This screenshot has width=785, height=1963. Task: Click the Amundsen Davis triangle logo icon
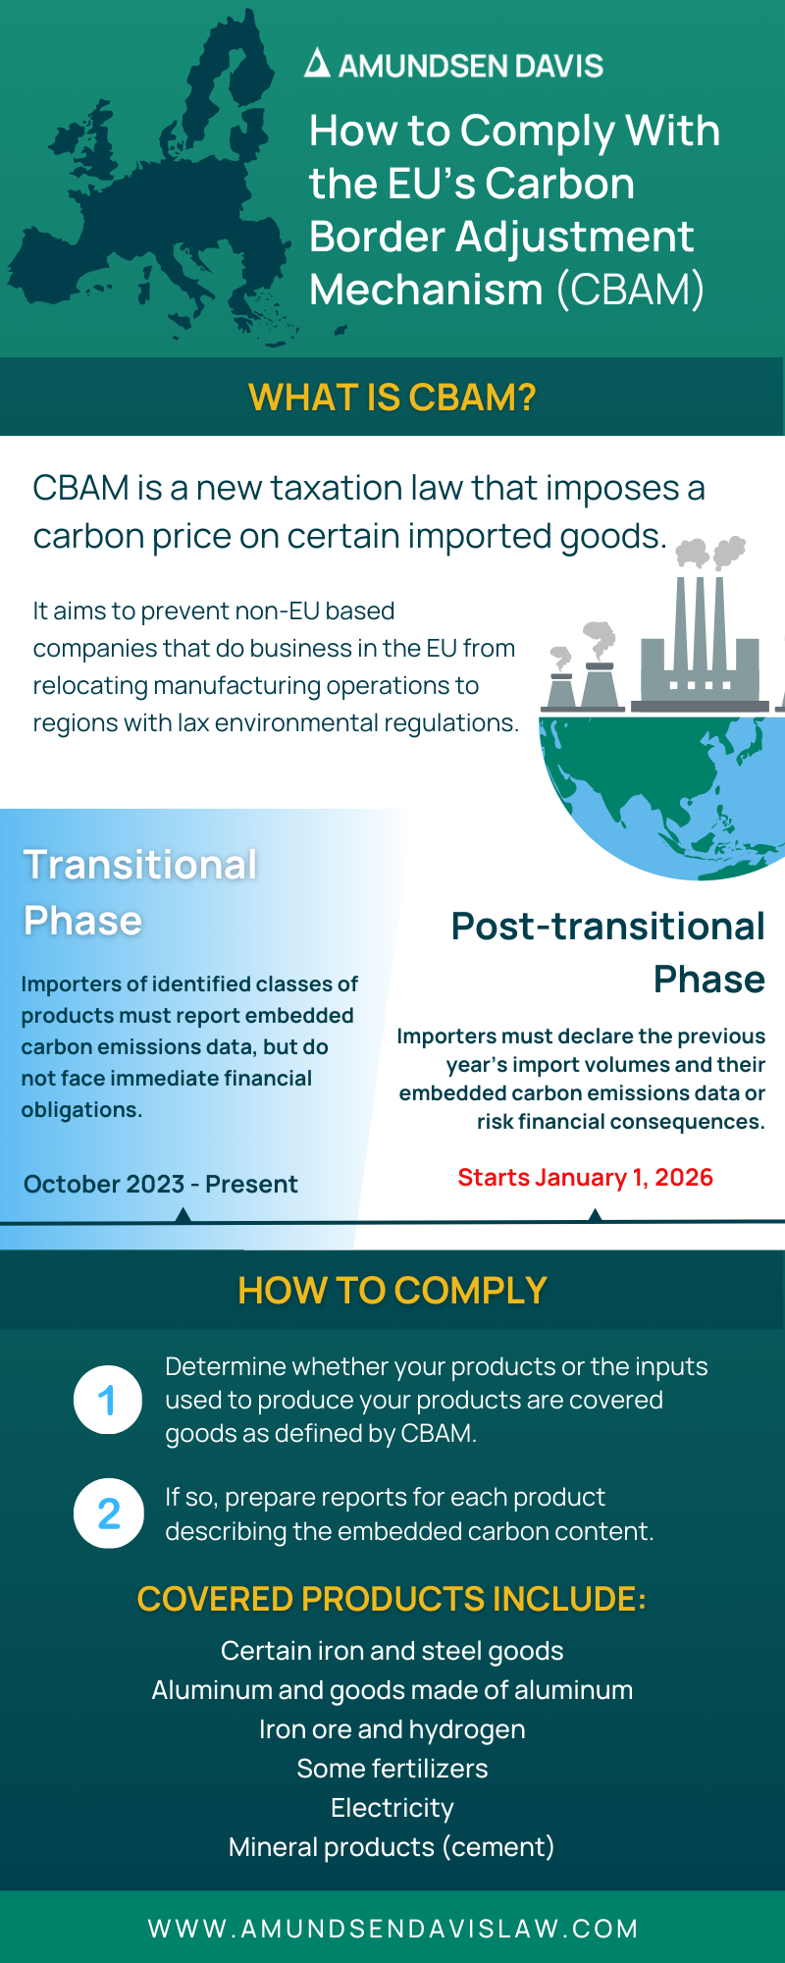point(317,64)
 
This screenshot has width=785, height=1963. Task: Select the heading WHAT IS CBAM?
point(392,398)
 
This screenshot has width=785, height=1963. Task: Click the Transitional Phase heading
point(140,893)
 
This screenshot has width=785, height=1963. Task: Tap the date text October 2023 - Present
point(161,1184)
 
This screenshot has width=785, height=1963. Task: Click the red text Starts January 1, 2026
point(585,1177)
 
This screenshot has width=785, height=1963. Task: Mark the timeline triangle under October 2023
point(183,1215)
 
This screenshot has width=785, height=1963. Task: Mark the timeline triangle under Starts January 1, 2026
point(595,1215)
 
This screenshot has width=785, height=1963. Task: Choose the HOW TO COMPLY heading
point(392,1291)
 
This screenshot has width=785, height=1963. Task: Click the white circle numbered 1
point(109,1400)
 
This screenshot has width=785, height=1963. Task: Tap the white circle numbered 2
point(109,1513)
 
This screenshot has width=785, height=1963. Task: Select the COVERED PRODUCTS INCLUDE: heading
point(392,1599)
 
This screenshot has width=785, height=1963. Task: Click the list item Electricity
point(392,1808)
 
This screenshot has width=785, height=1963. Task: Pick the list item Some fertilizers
point(392,1769)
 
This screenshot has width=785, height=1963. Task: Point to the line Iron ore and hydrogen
point(392,1729)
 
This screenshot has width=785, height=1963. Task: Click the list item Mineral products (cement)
point(392,1847)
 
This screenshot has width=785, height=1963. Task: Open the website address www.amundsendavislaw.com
point(393,1929)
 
